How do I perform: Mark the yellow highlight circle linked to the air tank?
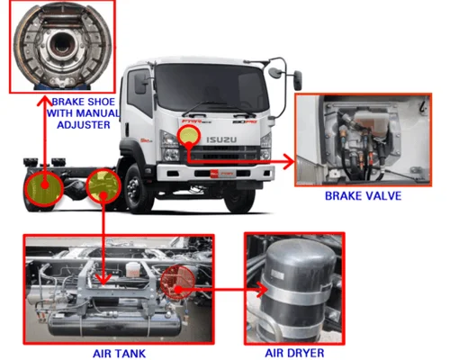click(x=105, y=185)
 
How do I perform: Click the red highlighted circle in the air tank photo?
click(x=176, y=280)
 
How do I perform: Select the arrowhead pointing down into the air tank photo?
click(x=105, y=275)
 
